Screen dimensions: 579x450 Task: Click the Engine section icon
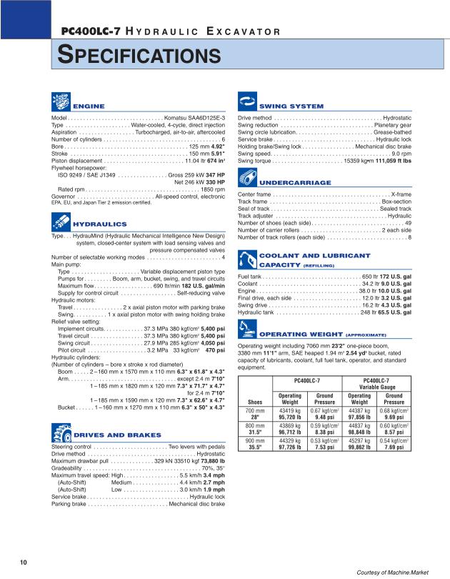tap(61, 102)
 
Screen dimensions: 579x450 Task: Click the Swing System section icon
tap(246, 102)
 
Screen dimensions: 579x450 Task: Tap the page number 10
tap(24, 562)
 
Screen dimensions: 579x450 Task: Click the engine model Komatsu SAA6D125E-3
tap(195, 117)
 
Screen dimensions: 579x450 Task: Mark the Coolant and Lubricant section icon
tap(246, 259)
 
